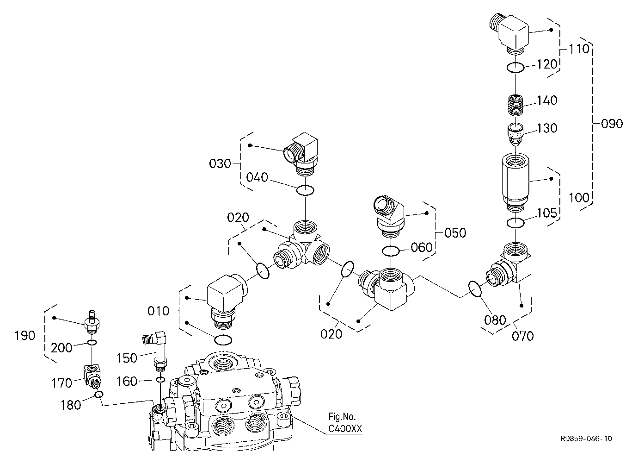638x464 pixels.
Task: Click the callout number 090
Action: point(612,124)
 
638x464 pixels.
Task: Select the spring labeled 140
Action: point(515,105)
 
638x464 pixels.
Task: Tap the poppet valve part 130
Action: point(515,134)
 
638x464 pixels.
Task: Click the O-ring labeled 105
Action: point(516,223)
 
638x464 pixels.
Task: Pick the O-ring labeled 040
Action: point(305,190)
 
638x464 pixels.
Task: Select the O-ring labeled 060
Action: point(391,251)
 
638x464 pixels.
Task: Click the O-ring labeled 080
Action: point(475,289)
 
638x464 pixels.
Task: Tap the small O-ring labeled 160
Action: point(160,380)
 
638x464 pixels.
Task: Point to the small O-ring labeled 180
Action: point(99,395)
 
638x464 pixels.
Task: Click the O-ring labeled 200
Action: point(92,342)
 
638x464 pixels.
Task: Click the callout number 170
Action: point(61,383)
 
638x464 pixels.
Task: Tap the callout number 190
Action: point(25,336)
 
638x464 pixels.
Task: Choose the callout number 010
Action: point(159,311)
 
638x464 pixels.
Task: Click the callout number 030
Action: point(220,163)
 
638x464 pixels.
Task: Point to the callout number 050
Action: point(455,233)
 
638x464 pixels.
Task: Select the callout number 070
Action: point(522,336)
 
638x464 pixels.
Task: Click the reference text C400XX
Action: point(345,429)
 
